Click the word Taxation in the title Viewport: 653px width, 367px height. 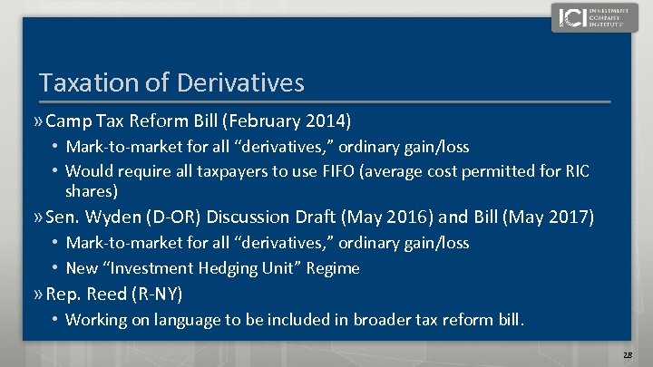84,83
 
